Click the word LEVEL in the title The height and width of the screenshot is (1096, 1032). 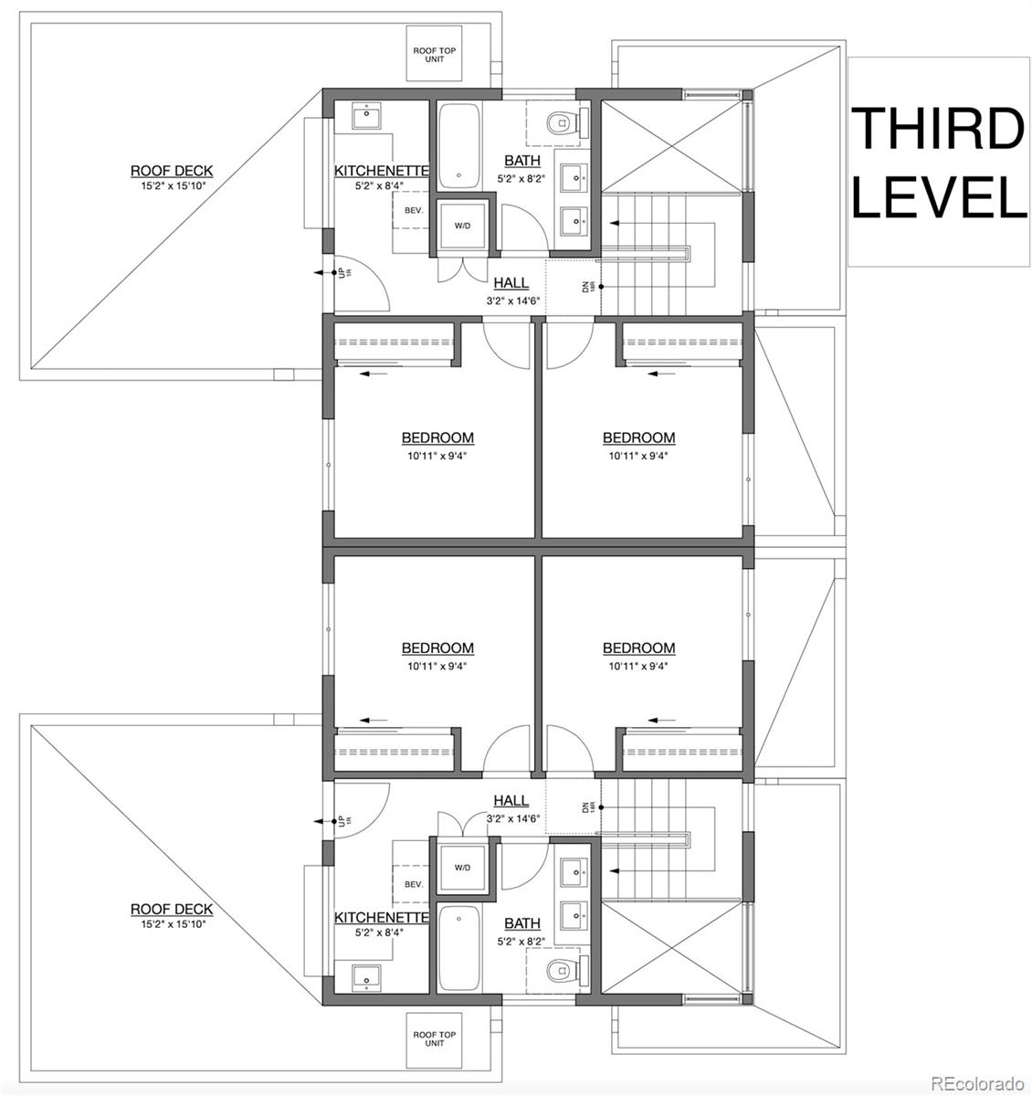[939, 196]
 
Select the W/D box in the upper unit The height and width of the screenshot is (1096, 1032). [462, 226]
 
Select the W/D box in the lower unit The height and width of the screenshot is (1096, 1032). [462, 867]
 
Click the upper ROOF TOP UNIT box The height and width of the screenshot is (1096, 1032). [435, 54]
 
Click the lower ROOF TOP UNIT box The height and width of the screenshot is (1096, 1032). [435, 1038]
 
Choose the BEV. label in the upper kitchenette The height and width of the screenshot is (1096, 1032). [414, 210]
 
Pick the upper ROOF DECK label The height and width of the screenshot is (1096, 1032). [172, 171]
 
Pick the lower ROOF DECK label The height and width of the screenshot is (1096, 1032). [172, 909]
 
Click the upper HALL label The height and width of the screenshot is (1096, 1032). [511, 282]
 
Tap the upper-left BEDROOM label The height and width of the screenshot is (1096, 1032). [437, 437]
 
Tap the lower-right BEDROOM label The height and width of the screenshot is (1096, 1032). [639, 648]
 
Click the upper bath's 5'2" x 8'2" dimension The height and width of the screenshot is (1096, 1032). [521, 179]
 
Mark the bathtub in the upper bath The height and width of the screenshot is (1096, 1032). [458, 146]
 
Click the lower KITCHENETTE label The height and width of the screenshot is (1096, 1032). [382, 917]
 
